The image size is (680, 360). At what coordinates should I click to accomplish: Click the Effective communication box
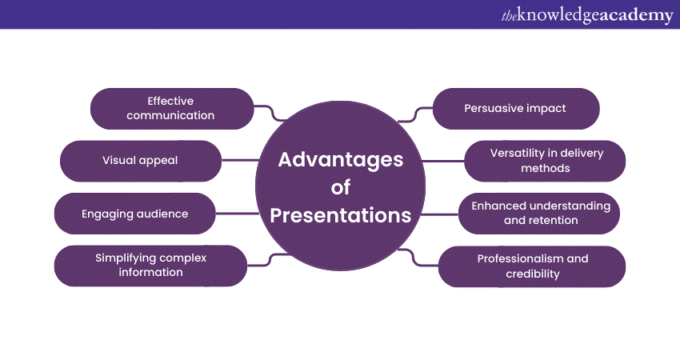point(172,109)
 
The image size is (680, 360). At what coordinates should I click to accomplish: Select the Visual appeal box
point(141,161)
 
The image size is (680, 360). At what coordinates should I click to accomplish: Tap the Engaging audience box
point(135,214)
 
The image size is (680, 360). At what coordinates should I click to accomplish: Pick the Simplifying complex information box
point(150,266)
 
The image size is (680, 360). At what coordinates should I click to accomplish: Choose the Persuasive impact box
point(516,109)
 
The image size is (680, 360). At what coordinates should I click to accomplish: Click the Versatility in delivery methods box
point(545,161)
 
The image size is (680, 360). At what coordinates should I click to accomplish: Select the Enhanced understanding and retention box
point(539,214)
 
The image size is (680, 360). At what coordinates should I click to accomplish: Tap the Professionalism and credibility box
point(532,266)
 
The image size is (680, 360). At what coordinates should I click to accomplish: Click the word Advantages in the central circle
point(341,160)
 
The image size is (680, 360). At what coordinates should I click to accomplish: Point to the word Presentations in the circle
point(341,215)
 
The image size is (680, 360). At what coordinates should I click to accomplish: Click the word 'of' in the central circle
point(341,187)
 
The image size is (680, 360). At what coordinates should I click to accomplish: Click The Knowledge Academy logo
point(587,15)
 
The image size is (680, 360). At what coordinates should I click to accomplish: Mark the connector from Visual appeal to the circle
point(240,161)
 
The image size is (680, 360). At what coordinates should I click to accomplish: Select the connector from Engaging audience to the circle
point(238,214)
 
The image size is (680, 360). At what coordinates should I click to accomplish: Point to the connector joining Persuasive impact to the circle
point(415,114)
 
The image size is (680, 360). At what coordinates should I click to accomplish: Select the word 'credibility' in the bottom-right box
point(533,274)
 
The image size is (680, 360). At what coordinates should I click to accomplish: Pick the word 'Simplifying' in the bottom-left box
point(122,258)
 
